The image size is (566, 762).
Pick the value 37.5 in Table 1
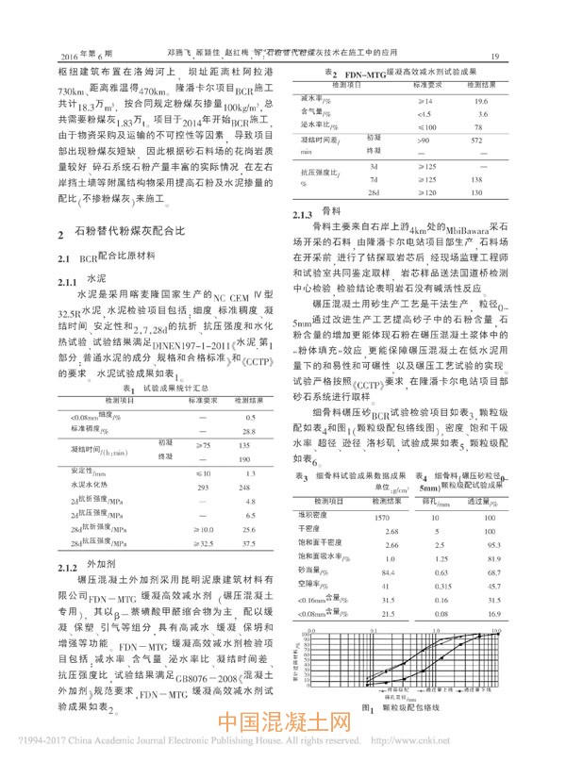tap(249, 542)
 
